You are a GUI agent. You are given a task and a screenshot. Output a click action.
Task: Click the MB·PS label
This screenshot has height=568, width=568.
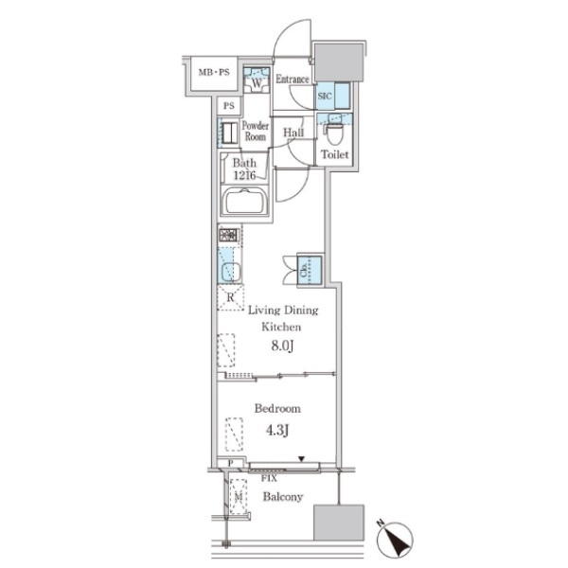pyautogui.click(x=214, y=72)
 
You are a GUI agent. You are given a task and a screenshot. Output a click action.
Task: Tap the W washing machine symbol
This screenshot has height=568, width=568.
pyautogui.click(x=257, y=83)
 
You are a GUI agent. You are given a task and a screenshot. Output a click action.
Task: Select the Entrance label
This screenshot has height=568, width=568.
pyautogui.click(x=293, y=79)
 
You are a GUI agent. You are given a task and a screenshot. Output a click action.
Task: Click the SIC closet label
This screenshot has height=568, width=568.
pyautogui.click(x=325, y=96)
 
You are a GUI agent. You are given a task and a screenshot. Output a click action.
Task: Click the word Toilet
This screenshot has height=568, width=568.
pyautogui.click(x=335, y=154)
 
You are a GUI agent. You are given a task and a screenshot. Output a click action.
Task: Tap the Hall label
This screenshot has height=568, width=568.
pyautogui.click(x=293, y=133)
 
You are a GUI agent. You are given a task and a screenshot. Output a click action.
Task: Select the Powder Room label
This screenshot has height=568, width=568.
pyautogui.click(x=256, y=132)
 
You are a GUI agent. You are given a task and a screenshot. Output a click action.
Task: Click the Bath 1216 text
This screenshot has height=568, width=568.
pyautogui.click(x=244, y=169)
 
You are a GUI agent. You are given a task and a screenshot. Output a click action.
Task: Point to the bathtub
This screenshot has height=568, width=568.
pyautogui.click(x=244, y=201)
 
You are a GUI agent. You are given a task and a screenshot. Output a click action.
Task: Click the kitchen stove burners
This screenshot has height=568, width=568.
pyautogui.click(x=228, y=235)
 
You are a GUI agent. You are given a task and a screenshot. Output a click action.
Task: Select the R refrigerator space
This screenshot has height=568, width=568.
pyautogui.click(x=230, y=297)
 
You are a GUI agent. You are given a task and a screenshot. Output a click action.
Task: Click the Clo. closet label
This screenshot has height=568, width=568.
pyautogui.click(x=304, y=270)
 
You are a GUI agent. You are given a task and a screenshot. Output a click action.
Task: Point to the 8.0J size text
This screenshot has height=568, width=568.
pyautogui.click(x=282, y=346)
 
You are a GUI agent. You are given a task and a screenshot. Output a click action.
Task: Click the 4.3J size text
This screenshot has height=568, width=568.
pyautogui.click(x=277, y=431)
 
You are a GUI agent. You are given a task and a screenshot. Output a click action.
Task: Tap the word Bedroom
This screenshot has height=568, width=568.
pyautogui.click(x=277, y=409)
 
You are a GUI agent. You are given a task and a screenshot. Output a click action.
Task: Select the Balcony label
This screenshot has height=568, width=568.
pyautogui.click(x=282, y=496)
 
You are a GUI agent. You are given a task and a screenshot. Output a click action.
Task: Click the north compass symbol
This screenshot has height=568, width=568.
pyautogui.click(x=394, y=539)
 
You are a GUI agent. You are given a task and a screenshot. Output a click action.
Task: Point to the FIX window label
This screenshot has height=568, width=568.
pyautogui.click(x=269, y=478)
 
